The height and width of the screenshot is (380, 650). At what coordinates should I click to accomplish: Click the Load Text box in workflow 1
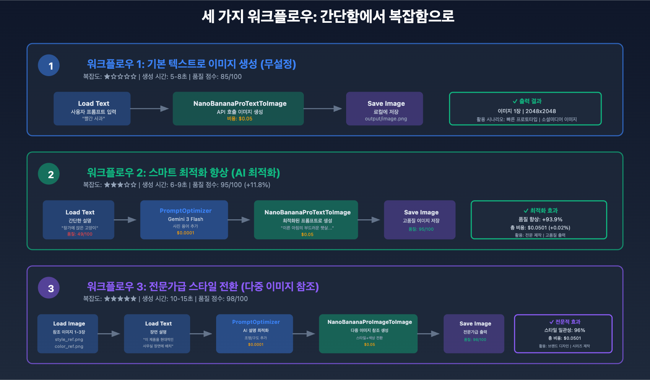[x=92, y=108]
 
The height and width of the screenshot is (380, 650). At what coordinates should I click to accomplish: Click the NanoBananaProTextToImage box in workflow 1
[x=238, y=108]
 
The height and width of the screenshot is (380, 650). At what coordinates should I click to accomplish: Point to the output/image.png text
[x=386, y=119]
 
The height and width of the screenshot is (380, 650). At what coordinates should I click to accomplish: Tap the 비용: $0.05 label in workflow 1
[x=240, y=119]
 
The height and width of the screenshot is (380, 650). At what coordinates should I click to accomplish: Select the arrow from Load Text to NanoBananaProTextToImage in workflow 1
[x=149, y=109]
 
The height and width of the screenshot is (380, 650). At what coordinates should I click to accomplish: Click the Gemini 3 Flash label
[x=185, y=219]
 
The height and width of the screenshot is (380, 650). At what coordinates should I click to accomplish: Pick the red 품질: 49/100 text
[x=80, y=234]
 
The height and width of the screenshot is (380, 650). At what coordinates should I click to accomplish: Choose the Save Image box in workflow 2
[x=419, y=220]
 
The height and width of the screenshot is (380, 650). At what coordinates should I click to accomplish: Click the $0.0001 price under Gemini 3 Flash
[x=185, y=233]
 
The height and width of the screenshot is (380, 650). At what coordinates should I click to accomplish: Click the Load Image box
[x=67, y=334]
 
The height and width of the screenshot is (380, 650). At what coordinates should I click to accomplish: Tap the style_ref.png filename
[x=69, y=339]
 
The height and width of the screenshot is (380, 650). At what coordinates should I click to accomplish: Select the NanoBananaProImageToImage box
[x=368, y=334]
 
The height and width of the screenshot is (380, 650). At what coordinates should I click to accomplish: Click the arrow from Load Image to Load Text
[x=109, y=334]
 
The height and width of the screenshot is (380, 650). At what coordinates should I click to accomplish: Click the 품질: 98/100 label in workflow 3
[x=475, y=340]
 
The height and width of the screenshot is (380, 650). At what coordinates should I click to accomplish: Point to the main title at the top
[x=327, y=16]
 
